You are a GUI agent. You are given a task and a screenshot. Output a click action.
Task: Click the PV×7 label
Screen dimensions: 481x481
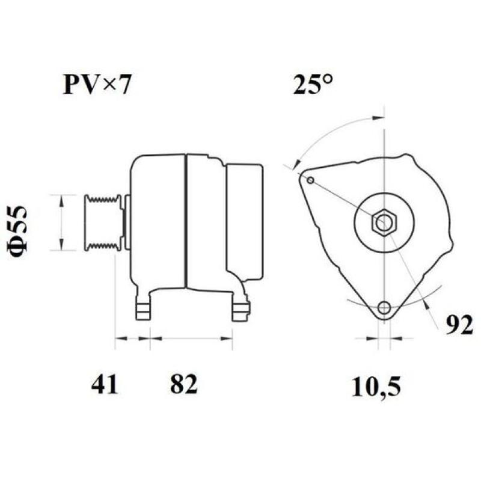[x=96, y=85]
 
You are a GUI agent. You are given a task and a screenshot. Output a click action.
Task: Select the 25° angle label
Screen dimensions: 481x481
[x=313, y=85]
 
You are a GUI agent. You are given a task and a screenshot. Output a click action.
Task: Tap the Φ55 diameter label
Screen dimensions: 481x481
[x=20, y=231]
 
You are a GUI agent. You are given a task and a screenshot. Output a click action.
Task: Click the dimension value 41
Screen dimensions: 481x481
[x=105, y=384]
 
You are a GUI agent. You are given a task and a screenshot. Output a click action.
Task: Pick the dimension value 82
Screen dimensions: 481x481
[x=183, y=384]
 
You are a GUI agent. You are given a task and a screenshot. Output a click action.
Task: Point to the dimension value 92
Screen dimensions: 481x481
[x=460, y=325]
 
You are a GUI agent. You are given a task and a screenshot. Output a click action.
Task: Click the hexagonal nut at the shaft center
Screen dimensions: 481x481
[x=383, y=223]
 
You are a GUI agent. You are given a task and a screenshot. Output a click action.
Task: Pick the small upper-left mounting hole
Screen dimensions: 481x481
[x=310, y=180]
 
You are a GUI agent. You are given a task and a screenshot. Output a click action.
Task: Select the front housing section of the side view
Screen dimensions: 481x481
[x=158, y=219]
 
